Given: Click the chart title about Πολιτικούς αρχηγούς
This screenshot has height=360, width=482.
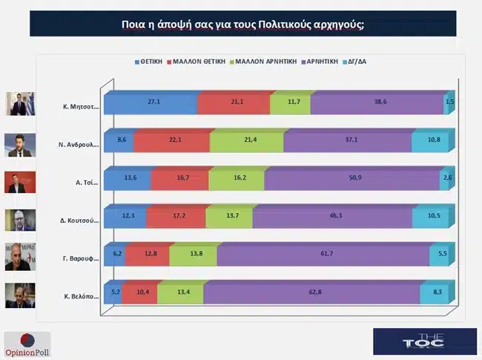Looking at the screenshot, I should [242, 24].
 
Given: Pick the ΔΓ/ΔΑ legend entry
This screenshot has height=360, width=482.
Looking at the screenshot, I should [354, 62].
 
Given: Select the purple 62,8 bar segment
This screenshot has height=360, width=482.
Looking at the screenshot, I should [311, 292].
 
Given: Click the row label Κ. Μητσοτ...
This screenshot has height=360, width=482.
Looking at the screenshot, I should [81, 106].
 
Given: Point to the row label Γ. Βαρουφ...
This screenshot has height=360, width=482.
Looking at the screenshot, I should [81, 255].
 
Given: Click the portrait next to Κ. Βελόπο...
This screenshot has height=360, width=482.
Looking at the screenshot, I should [19, 295].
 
